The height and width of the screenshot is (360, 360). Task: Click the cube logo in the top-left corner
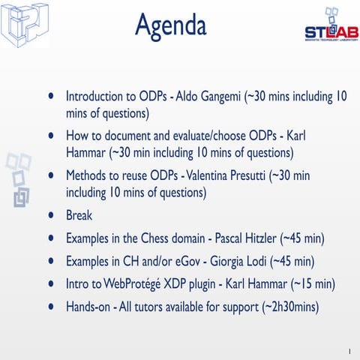pyautogui.click(x=24, y=24)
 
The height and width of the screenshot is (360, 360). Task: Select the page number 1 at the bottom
pyautogui.click(x=349, y=350)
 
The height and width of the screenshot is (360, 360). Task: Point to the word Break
pyautogui.click(x=79, y=215)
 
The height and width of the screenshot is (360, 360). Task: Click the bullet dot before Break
pyautogui.click(x=50, y=215)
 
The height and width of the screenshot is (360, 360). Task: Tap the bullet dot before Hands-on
pyautogui.click(x=50, y=307)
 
